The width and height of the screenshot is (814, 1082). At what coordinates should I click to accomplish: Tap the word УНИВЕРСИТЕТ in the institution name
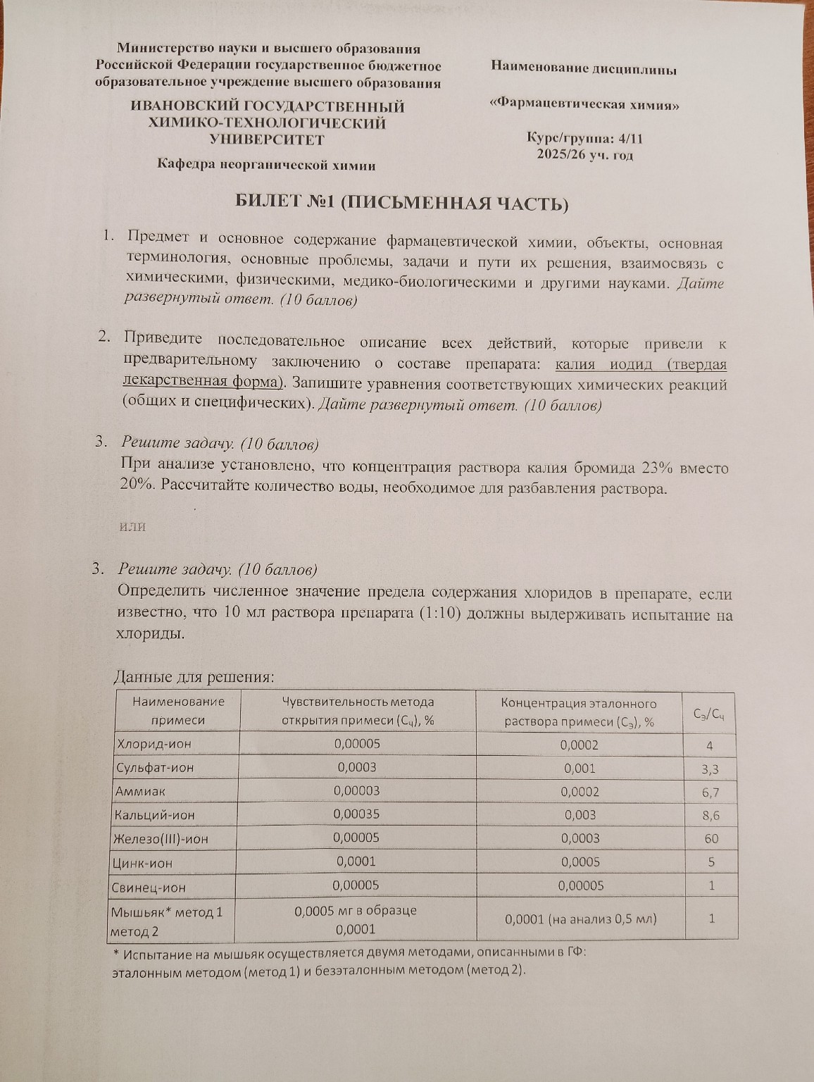(268, 139)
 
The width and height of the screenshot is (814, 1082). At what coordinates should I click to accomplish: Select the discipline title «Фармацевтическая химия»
(584, 104)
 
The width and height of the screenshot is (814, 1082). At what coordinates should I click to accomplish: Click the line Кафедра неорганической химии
(266, 166)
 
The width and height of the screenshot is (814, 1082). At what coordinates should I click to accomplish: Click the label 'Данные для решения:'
(194, 677)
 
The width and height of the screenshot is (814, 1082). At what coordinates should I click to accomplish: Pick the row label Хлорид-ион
(154, 744)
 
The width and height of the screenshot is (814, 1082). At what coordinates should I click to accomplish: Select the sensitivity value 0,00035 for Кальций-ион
(356, 814)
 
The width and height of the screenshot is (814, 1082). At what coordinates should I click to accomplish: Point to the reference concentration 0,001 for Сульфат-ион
(580, 769)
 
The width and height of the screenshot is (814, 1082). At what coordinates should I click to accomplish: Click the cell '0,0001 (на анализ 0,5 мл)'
(580, 919)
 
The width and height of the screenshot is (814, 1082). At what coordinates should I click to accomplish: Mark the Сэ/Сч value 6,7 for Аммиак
(710, 792)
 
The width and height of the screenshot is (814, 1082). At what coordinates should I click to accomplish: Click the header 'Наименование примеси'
(178, 711)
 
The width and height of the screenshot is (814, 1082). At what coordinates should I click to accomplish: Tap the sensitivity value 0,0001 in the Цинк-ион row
(356, 862)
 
